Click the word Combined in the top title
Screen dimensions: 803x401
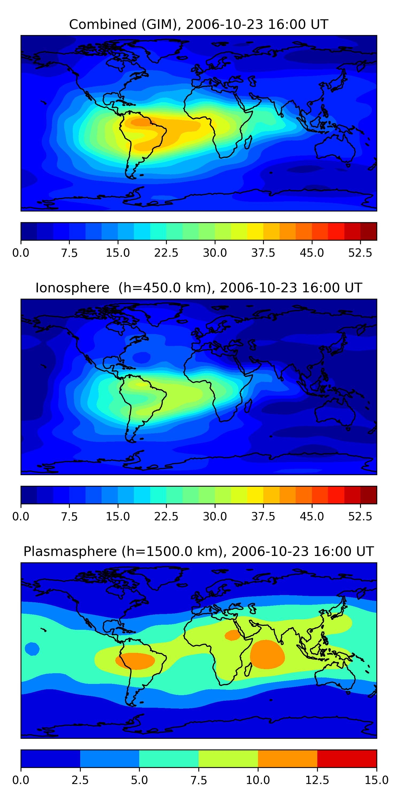(x=103, y=24)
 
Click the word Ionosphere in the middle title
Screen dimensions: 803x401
(x=72, y=288)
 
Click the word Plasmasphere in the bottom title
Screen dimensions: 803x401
(x=70, y=551)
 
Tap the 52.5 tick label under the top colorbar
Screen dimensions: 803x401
(x=360, y=253)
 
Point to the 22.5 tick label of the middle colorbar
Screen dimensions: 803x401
(x=166, y=517)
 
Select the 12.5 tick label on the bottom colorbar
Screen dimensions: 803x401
(x=317, y=780)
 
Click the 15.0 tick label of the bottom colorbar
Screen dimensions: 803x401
(x=376, y=780)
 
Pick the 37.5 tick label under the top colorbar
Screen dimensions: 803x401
(x=263, y=253)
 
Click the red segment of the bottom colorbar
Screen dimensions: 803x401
(x=347, y=758)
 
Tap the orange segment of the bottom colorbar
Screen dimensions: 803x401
(x=287, y=758)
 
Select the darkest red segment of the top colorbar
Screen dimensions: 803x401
(x=368, y=231)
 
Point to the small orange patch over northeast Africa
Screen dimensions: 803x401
(x=232, y=635)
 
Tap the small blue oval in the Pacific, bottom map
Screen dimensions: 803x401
(x=32, y=649)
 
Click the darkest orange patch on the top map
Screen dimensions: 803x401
(x=142, y=122)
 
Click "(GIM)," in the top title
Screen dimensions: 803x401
(x=161, y=24)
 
